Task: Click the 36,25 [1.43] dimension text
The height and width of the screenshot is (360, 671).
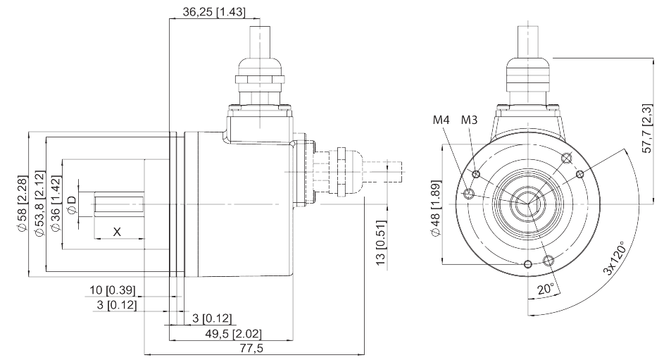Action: (x=214, y=11)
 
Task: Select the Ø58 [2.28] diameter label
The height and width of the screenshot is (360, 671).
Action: (x=22, y=204)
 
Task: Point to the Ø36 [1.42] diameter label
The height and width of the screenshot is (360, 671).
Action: (x=56, y=204)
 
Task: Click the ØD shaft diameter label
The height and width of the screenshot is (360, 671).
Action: (x=73, y=204)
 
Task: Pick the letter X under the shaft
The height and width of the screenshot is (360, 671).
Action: (x=117, y=232)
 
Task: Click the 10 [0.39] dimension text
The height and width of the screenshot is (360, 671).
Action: (x=112, y=290)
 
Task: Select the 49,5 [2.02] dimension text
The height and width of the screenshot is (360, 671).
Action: (x=233, y=333)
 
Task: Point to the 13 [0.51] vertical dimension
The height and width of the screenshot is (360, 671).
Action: (x=381, y=243)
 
